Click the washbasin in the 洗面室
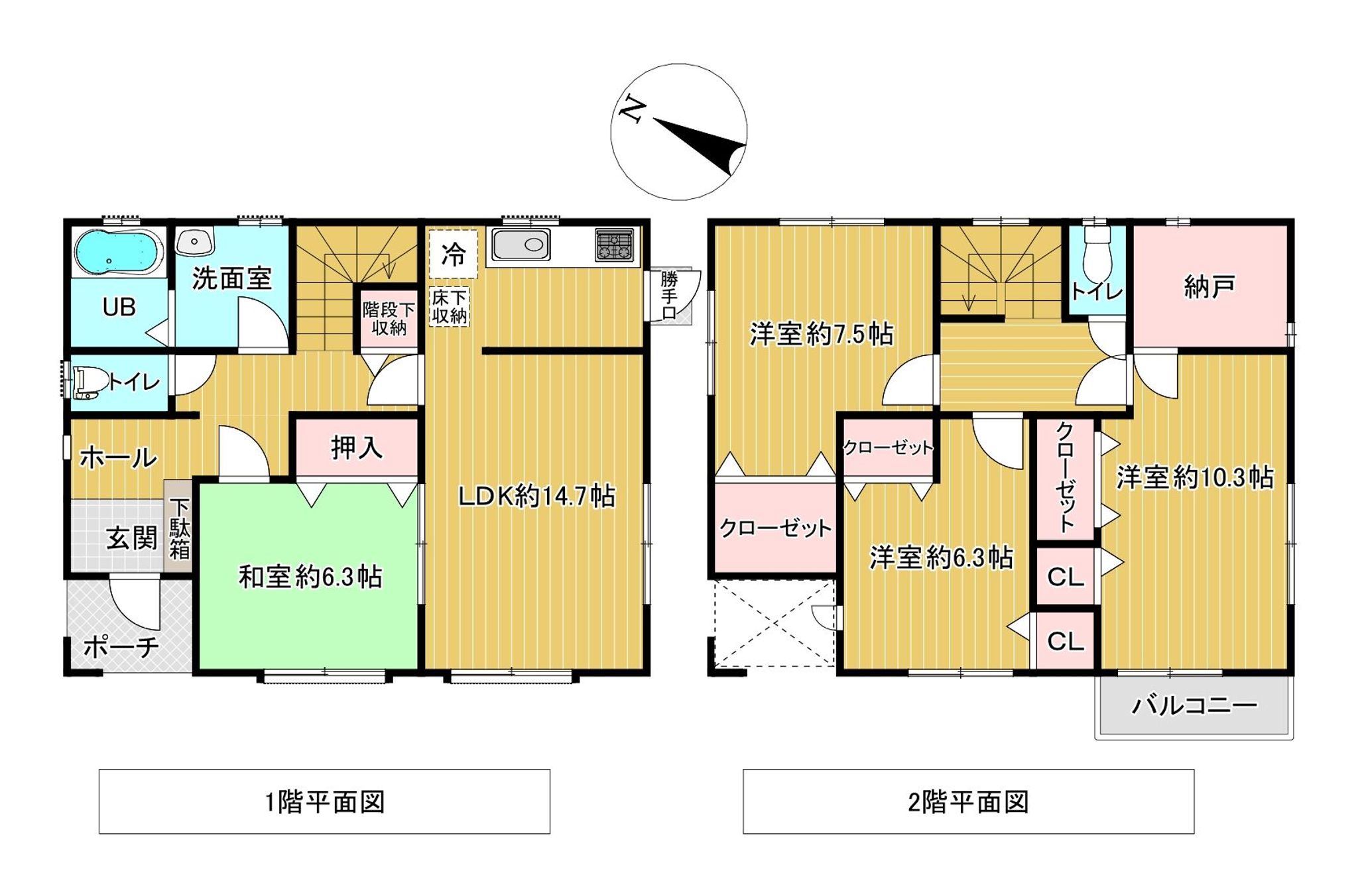click(194, 241)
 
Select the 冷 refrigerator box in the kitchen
click(454, 253)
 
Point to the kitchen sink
click(521, 245)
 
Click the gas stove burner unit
click(614, 245)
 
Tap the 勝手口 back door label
click(669, 295)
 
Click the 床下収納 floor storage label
click(450, 306)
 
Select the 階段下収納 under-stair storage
click(389, 319)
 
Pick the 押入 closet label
click(357, 447)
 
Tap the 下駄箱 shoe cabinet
click(179, 528)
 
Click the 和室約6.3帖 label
click(310, 577)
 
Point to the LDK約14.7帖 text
click(536, 496)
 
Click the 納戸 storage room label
click(1209, 286)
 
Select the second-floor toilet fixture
click(1097, 255)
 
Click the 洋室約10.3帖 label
click(1194, 477)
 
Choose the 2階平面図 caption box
click(968, 801)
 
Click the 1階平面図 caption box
click(324, 801)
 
